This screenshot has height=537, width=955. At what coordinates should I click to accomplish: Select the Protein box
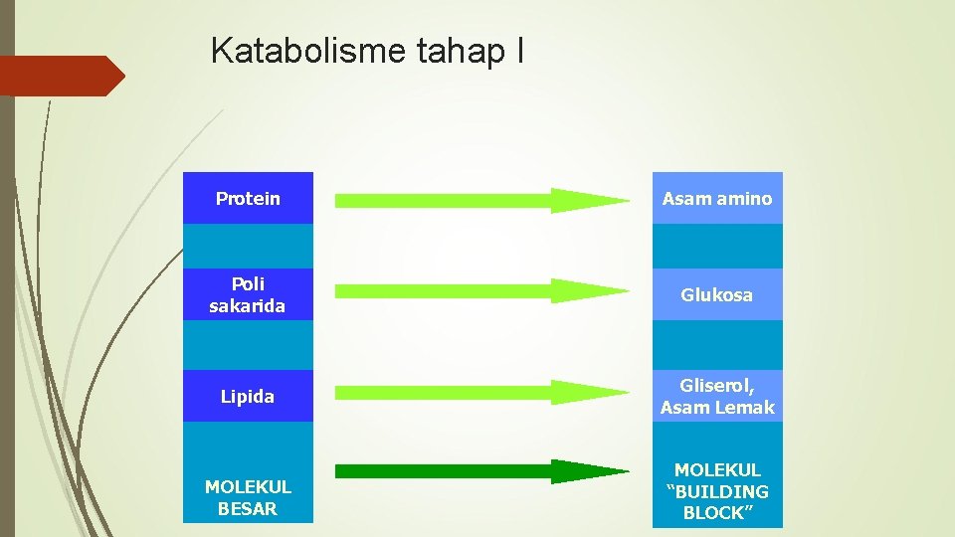[248, 198]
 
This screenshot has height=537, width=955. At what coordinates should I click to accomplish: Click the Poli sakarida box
[248, 294]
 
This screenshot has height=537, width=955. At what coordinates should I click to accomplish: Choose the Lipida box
[248, 397]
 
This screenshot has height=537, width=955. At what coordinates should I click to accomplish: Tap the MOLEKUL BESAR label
[248, 498]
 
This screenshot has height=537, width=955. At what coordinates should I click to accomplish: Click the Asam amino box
[717, 198]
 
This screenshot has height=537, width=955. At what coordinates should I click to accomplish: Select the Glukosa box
[717, 294]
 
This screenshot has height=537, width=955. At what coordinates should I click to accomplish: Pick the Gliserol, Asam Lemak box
[717, 396]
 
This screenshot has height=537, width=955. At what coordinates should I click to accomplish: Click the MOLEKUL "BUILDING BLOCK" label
[717, 491]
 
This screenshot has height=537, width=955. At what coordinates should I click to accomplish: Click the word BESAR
[248, 509]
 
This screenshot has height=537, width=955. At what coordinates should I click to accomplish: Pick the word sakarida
[248, 305]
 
